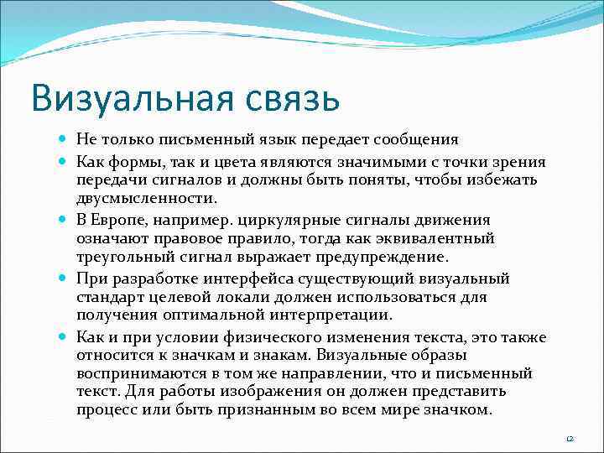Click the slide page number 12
tap(570, 439)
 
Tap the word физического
tap(256, 337)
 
